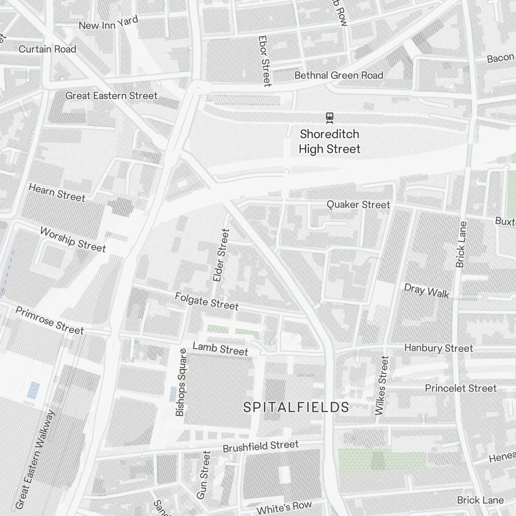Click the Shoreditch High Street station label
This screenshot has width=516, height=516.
click(x=330, y=141)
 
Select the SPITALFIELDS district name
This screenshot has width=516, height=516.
click(x=296, y=407)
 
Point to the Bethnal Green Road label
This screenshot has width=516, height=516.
click(x=338, y=75)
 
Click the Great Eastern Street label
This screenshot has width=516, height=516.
click(x=111, y=95)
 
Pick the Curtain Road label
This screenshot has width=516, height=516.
click(x=47, y=49)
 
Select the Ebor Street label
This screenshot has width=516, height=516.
click(x=265, y=61)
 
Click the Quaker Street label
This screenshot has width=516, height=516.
click(x=358, y=205)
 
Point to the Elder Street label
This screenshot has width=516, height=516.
click(x=220, y=255)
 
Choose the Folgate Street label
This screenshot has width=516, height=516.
click(x=206, y=301)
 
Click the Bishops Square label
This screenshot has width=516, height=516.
click(x=181, y=382)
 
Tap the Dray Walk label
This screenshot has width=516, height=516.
click(x=426, y=291)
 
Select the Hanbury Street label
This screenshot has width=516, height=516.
click(x=438, y=348)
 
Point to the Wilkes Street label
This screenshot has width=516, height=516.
click(x=381, y=385)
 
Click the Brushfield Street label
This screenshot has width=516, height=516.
click(x=261, y=446)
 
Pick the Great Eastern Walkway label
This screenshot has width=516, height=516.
click(x=35, y=459)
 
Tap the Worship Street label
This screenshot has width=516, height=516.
click(x=73, y=239)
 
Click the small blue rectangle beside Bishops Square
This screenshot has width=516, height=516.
click(x=172, y=394)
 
